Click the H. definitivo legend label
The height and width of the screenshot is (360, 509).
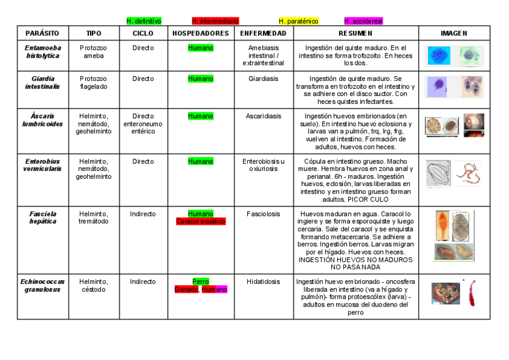coord(143,21)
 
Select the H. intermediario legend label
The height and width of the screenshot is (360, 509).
coord(215,21)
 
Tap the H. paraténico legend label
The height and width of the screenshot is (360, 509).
coord(298,21)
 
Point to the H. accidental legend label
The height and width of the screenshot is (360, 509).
coord(363,21)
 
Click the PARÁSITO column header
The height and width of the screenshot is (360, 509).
coord(43,34)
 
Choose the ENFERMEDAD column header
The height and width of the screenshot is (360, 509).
coord(263,34)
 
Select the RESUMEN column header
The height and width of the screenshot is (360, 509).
coord(355,34)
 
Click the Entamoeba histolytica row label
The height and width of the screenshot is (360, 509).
coord(43,52)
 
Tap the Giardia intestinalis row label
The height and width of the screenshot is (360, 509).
coord(43,82)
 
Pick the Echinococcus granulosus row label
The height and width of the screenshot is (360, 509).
coord(43,285)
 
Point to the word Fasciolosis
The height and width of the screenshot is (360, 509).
coord(263,214)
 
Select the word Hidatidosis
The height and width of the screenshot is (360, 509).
coord(263,281)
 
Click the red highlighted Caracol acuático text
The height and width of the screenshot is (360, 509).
coord(200,221)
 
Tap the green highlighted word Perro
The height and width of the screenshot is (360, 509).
coord(200,281)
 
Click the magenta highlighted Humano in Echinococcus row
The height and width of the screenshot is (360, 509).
coord(214,289)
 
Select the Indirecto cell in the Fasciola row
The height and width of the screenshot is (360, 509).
coord(143,214)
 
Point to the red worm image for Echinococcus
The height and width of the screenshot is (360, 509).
coord(472,293)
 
